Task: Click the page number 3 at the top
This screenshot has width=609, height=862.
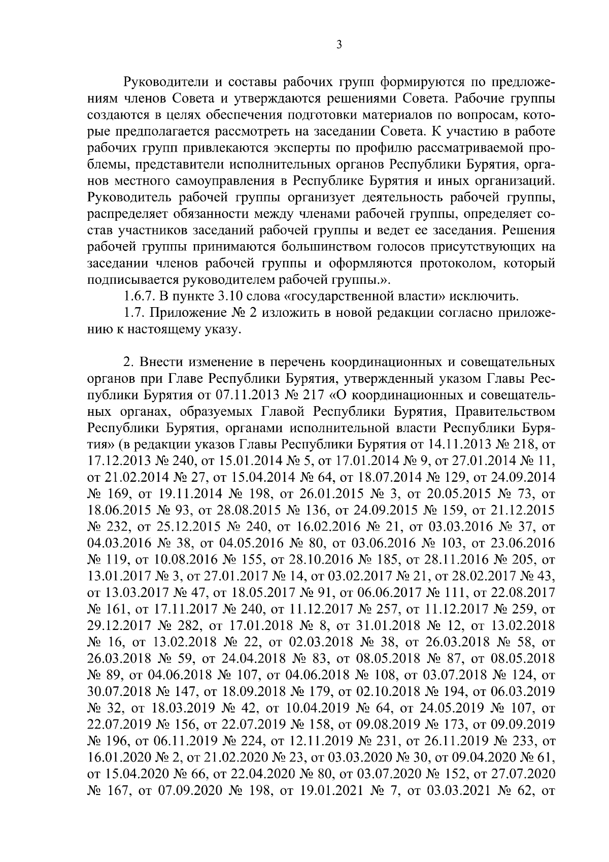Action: (x=339, y=45)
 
